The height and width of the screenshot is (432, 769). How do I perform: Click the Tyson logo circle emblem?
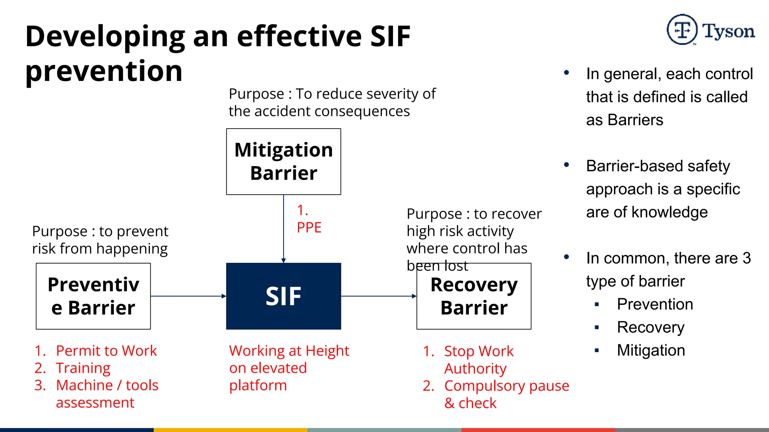pyautogui.click(x=682, y=30)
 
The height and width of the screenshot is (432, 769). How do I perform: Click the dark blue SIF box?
pyautogui.click(x=283, y=296)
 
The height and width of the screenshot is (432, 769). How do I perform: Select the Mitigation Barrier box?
pyautogui.click(x=283, y=162)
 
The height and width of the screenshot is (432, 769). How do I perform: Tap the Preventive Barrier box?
pyautogui.click(x=93, y=296)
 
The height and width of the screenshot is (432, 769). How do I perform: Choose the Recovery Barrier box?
pyautogui.click(x=474, y=296)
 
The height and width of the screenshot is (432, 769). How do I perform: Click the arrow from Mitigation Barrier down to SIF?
pyautogui.click(x=283, y=229)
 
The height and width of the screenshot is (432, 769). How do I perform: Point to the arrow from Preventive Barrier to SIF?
pyautogui.click(x=188, y=296)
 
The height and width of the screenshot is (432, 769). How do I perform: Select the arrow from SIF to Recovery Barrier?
pyautogui.click(x=378, y=296)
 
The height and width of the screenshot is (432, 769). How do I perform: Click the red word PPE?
pyautogui.click(x=309, y=228)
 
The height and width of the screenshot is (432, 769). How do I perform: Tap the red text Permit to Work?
pyautogui.click(x=106, y=351)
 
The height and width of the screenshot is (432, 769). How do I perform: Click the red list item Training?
pyautogui.click(x=83, y=368)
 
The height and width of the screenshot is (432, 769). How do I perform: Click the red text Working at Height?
pyautogui.click(x=289, y=351)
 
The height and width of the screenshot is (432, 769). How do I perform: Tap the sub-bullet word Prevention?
pyautogui.click(x=655, y=304)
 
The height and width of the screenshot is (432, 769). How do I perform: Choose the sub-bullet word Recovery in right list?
pyautogui.click(x=651, y=327)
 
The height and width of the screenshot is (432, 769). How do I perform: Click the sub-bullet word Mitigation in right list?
pyautogui.click(x=651, y=350)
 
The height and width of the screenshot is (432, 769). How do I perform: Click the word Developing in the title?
pyautogui.click(x=105, y=36)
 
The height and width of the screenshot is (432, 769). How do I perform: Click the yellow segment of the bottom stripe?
pyautogui.click(x=231, y=430)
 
